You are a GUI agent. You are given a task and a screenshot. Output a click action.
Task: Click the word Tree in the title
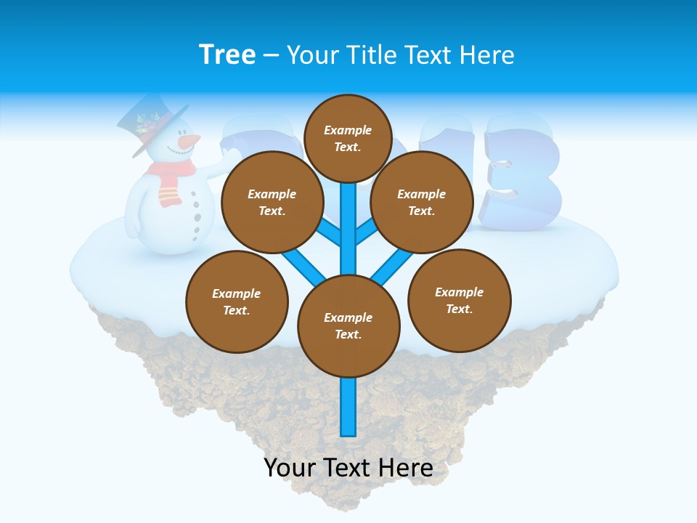(227, 54)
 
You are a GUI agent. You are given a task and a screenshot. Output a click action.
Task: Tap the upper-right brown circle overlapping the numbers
(421, 202)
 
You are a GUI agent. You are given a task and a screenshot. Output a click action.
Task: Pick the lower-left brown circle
(237, 301)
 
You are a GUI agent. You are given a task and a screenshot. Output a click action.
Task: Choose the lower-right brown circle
(459, 300)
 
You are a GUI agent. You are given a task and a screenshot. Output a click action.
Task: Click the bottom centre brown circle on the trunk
(348, 326)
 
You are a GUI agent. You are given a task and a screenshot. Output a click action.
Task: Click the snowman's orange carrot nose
(190, 139)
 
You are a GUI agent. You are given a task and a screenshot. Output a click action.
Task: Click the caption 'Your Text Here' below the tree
(348, 468)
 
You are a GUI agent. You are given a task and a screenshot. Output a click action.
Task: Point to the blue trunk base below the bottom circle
(348, 407)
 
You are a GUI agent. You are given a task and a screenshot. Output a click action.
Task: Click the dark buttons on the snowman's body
(196, 218)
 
